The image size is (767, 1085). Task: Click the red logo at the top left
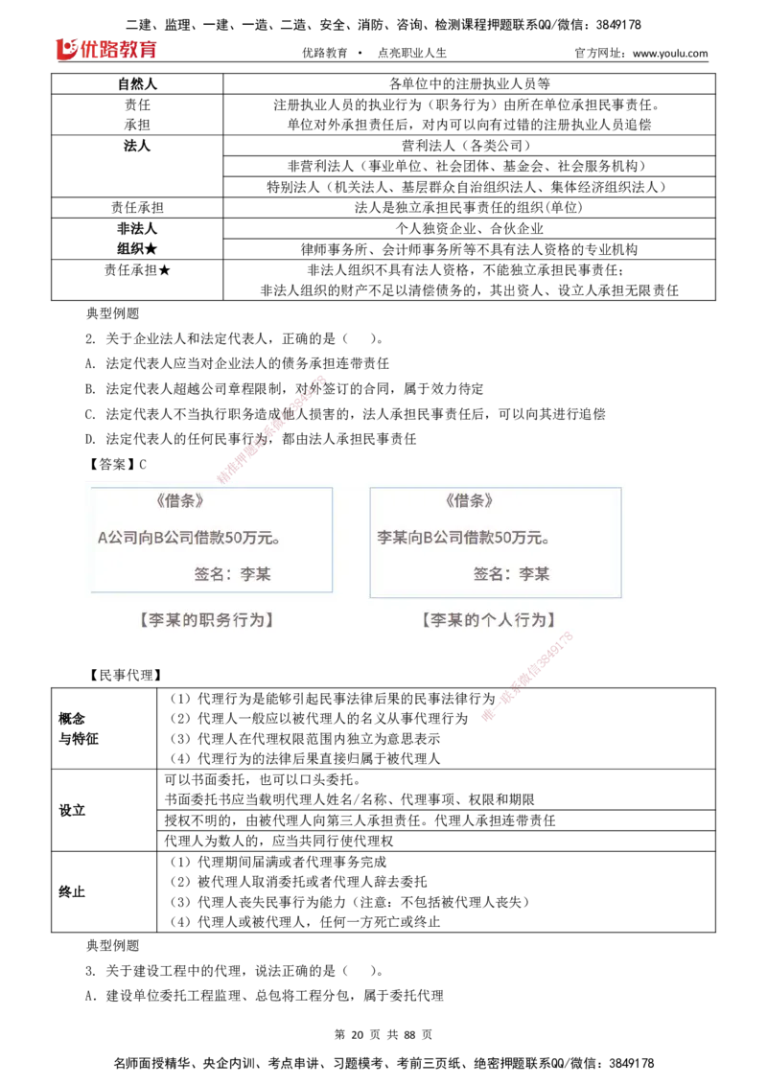pyautogui.click(x=106, y=48)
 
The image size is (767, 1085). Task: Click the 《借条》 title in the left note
pyautogui.click(x=179, y=500)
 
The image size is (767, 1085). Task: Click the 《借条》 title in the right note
pyautogui.click(x=469, y=500)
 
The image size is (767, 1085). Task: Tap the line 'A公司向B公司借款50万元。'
pyautogui.click(x=190, y=538)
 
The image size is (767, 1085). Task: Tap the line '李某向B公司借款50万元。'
pyautogui.click(x=464, y=538)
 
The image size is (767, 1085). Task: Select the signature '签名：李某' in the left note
pyautogui.click(x=232, y=574)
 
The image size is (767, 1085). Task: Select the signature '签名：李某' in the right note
pyautogui.click(x=511, y=574)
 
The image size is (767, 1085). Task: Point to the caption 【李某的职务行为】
pyautogui.click(x=207, y=620)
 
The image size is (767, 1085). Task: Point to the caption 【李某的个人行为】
pyautogui.click(x=488, y=620)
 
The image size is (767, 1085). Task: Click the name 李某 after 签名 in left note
pyautogui.click(x=255, y=574)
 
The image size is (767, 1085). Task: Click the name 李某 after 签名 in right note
pyautogui.click(x=534, y=574)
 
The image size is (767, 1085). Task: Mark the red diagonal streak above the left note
pyautogui.click(x=272, y=426)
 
